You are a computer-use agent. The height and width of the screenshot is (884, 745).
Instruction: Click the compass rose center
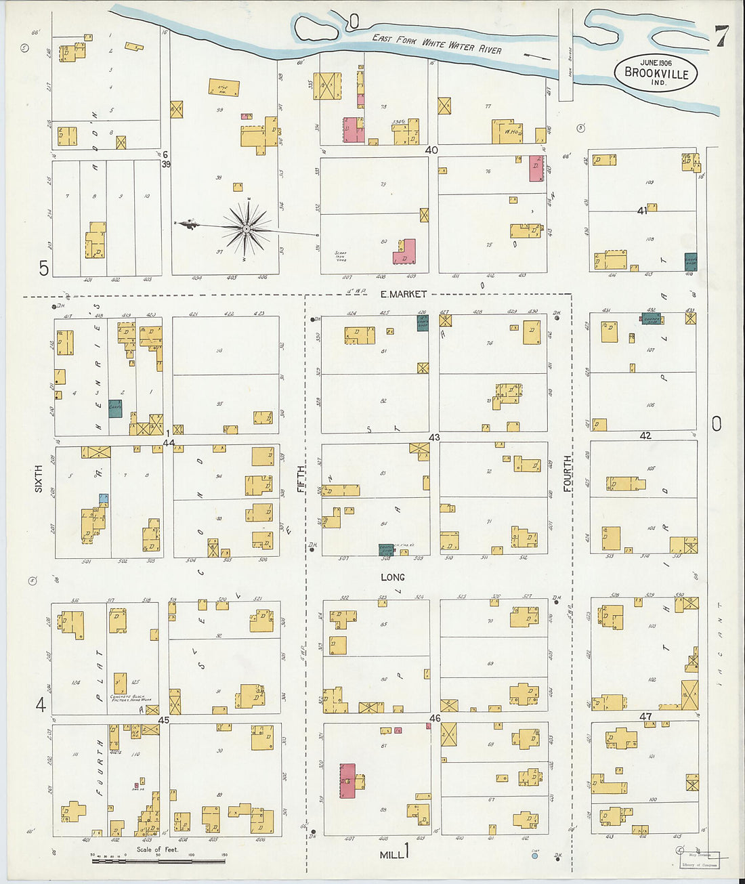247,229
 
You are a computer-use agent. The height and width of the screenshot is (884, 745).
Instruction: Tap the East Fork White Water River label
437,44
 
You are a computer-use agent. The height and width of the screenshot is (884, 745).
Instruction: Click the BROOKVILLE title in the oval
656,74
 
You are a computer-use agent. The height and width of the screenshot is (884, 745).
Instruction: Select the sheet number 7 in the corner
721,37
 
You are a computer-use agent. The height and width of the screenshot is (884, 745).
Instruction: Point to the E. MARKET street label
403,294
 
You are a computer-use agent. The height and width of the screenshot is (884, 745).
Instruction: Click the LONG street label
392,577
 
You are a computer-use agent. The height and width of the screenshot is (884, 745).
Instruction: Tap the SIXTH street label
39,478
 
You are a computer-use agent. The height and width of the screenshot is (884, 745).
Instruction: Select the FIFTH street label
301,478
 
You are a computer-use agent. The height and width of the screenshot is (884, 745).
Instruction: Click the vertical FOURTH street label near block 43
567,473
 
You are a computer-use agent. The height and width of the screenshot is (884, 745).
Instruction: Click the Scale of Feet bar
158,861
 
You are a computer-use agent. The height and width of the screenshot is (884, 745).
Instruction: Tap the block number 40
431,150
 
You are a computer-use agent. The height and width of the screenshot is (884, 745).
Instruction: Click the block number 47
645,716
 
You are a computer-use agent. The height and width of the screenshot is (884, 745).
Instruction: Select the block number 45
163,719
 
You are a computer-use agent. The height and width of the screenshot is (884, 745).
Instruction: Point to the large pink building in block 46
347,780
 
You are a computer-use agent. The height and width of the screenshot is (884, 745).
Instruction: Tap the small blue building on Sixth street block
103,498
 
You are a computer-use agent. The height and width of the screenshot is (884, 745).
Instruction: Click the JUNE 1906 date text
655,62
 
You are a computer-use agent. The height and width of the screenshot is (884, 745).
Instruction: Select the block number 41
642,211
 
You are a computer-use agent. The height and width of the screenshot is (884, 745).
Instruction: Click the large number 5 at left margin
43,269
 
